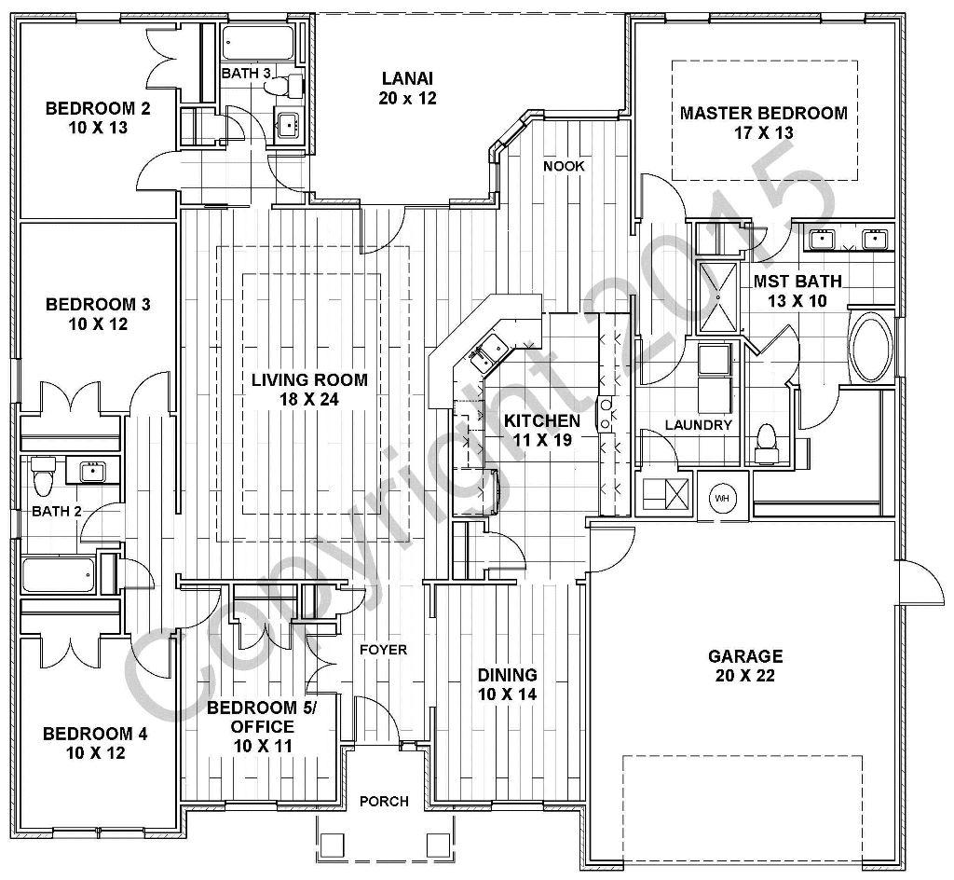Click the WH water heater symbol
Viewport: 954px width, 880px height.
pos(722,498)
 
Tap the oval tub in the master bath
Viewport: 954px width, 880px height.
pos(872,346)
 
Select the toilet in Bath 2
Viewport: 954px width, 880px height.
pos(41,477)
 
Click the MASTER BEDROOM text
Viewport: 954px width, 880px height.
pos(763,114)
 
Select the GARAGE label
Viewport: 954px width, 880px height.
pos(744,656)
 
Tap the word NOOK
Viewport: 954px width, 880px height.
pos(564,166)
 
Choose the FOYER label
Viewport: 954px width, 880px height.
pos(384,649)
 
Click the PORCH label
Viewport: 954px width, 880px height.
pos(384,802)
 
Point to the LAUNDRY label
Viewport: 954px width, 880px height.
pos(698,425)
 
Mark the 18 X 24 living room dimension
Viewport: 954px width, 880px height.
pos(309,399)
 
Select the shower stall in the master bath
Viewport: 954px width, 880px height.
pos(717,296)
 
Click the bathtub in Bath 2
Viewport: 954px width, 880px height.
pos(58,575)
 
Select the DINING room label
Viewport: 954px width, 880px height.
pos(507,675)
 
